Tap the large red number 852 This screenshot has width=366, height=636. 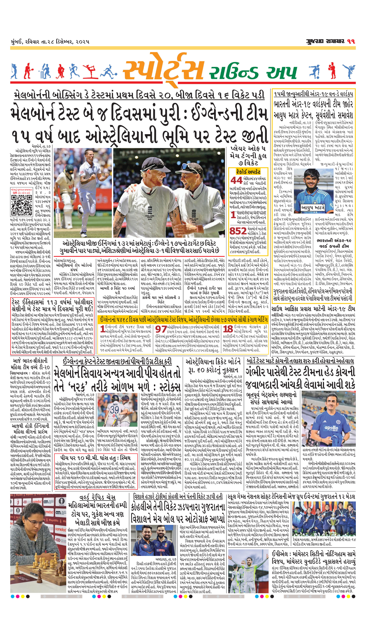click(238, 231)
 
